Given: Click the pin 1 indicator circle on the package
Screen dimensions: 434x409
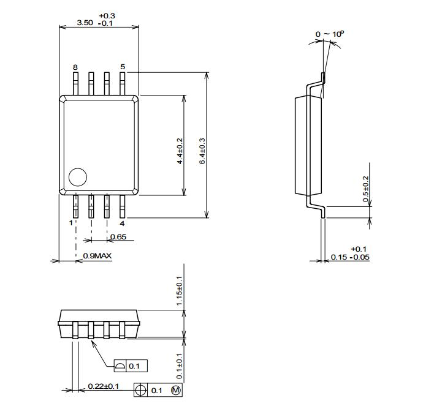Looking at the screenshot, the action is click(78, 177).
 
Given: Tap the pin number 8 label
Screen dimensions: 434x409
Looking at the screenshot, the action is click(75, 67).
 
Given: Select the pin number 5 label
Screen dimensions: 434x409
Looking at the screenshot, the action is click(123, 67).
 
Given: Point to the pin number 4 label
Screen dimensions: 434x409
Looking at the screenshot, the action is click(122, 223).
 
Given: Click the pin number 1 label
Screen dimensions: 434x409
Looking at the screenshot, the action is click(71, 223).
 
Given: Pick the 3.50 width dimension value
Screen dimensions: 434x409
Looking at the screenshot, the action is click(85, 23).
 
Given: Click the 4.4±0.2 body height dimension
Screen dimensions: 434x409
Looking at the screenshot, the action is click(180, 151).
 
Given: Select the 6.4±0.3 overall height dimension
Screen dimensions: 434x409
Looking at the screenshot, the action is click(202, 151).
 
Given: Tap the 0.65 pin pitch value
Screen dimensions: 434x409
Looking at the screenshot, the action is click(118, 237).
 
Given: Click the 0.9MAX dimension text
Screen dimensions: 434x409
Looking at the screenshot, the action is click(97, 256).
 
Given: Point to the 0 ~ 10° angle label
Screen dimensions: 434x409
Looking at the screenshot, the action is click(330, 34).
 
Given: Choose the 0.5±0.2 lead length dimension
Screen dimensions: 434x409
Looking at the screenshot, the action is click(365, 189).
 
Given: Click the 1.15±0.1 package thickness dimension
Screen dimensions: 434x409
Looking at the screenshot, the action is click(180, 291).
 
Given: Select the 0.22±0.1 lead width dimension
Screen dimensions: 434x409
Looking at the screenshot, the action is click(103, 386).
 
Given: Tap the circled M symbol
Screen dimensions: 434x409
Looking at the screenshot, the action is click(176, 390).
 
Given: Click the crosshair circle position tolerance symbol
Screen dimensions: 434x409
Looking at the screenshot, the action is click(140, 390).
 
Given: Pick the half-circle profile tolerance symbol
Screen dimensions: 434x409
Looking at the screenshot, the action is click(120, 366).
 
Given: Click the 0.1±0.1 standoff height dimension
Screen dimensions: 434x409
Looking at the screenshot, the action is click(180, 366).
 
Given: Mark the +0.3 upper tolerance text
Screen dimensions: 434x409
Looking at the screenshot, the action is click(107, 16).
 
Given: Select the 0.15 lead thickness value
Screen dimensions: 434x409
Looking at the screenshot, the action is click(339, 257).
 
